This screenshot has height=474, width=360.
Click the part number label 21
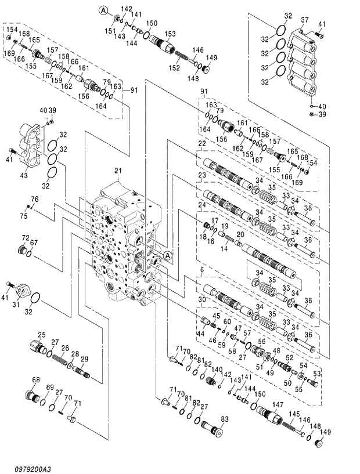[118, 171]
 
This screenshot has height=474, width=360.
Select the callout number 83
[225, 418]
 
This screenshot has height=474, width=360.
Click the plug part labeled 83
[213, 431]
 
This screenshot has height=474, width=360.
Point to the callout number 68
[36, 380]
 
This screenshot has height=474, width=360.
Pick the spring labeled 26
[60, 360]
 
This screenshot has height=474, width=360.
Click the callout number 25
[41, 335]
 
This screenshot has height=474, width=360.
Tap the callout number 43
[24, 176]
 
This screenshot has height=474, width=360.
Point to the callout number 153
[170, 34]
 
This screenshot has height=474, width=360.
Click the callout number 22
[201, 144]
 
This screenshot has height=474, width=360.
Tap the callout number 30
[201, 299]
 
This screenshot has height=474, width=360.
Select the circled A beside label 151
[103, 9]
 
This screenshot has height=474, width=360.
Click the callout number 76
[35, 199]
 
